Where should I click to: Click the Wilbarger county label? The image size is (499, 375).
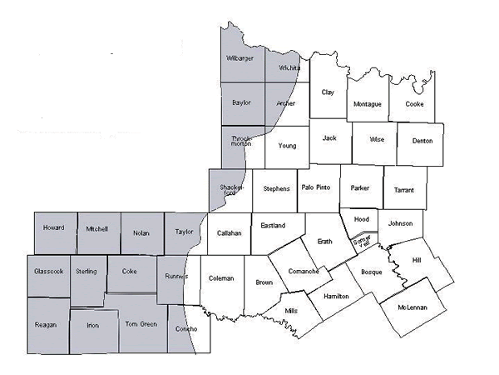click(240, 58)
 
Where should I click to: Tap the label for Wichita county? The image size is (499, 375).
click(289, 67)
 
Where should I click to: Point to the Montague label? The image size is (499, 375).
click(367, 104)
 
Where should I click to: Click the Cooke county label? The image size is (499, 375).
click(413, 104)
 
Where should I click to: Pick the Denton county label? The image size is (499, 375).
click(422, 141)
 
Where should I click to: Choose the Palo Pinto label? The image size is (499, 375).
click(315, 187)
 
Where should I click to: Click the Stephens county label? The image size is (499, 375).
click(276, 189)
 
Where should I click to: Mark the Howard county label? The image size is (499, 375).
click(53, 227)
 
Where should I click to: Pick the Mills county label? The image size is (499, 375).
click(291, 310)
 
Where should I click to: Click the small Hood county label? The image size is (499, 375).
click(361, 219)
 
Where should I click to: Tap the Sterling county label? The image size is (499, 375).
click(86, 271)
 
